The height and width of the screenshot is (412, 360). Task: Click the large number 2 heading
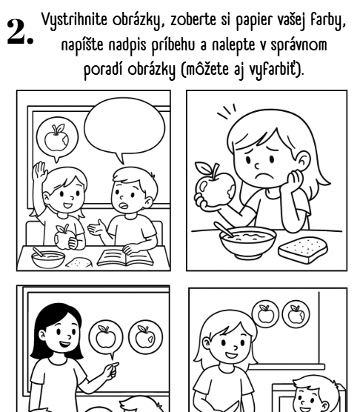pyautogui.click(x=21, y=32)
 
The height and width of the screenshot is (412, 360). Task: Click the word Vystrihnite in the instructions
pyautogui.click(x=74, y=21)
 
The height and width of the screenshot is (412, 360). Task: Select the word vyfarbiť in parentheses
pyautogui.click(x=273, y=70)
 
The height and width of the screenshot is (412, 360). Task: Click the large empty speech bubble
pyautogui.click(x=124, y=128)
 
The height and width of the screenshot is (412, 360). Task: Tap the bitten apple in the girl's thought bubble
pyautogui.click(x=57, y=139)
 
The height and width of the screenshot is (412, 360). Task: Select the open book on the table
pyautogui.click(x=125, y=258)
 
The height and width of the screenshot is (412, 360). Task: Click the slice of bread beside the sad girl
pyautogui.click(x=303, y=250)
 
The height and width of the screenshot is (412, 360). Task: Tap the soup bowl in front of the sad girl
pyautogui.click(x=248, y=242)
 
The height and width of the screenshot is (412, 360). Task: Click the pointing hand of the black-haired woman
pyautogui.click(x=111, y=371)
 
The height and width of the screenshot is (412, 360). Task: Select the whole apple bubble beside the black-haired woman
pyautogui.click(x=106, y=337)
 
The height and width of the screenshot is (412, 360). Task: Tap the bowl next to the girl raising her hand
pyautogui.click(x=48, y=259)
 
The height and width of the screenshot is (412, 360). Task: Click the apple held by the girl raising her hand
pyautogui.click(x=62, y=237)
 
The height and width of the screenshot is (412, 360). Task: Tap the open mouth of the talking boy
pyautogui.click(x=123, y=205)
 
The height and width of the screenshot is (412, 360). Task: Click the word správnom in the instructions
pyautogui.click(x=299, y=45)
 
